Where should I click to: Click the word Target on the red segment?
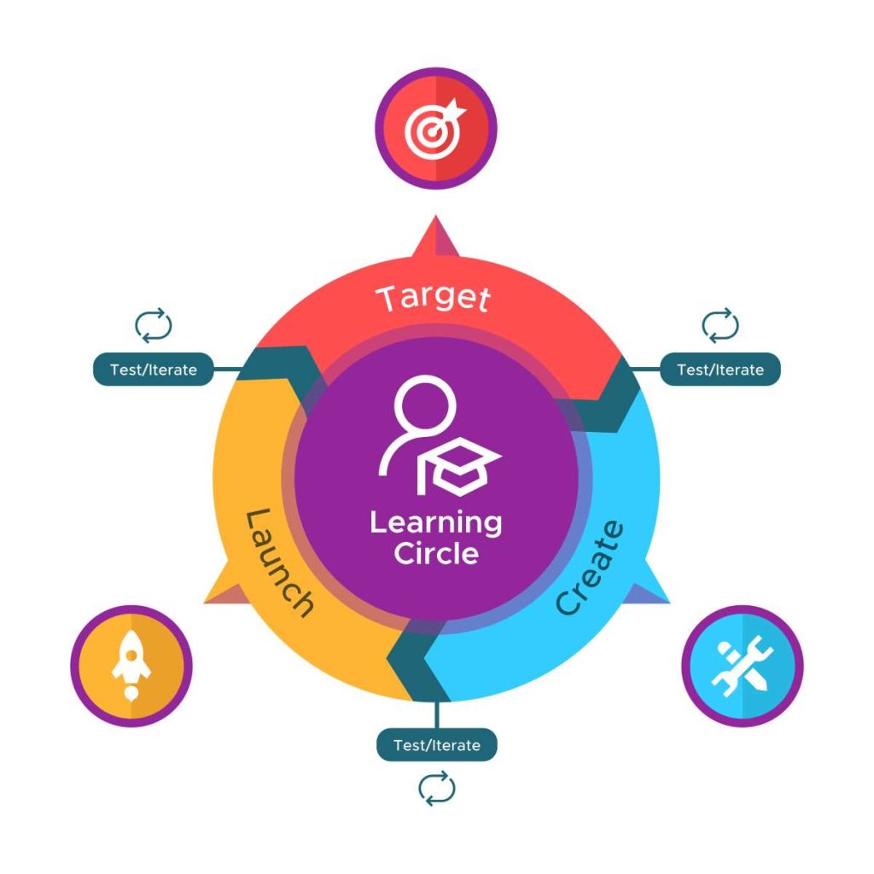(434, 299)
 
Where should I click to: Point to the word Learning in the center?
(435, 521)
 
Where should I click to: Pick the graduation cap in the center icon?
(461, 465)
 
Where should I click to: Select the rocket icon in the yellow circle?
(131, 667)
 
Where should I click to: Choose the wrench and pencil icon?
(742, 666)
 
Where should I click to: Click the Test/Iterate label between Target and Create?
(720, 370)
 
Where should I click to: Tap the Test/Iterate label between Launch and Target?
(153, 370)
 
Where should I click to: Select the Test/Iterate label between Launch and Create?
(436, 745)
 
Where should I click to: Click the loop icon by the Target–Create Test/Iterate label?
(720, 325)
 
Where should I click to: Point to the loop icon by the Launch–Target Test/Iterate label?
(154, 325)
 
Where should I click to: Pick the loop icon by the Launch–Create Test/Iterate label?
(436, 790)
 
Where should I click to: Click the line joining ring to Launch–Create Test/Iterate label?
(436, 715)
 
